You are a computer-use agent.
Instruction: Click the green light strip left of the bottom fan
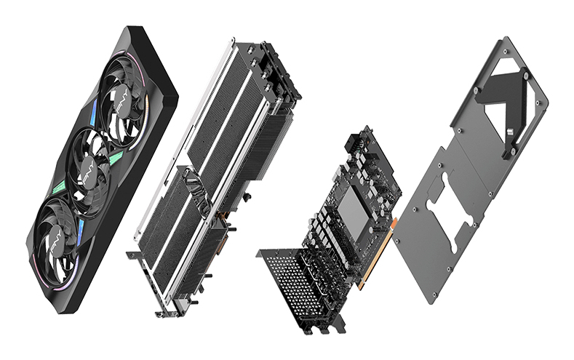[61, 192]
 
